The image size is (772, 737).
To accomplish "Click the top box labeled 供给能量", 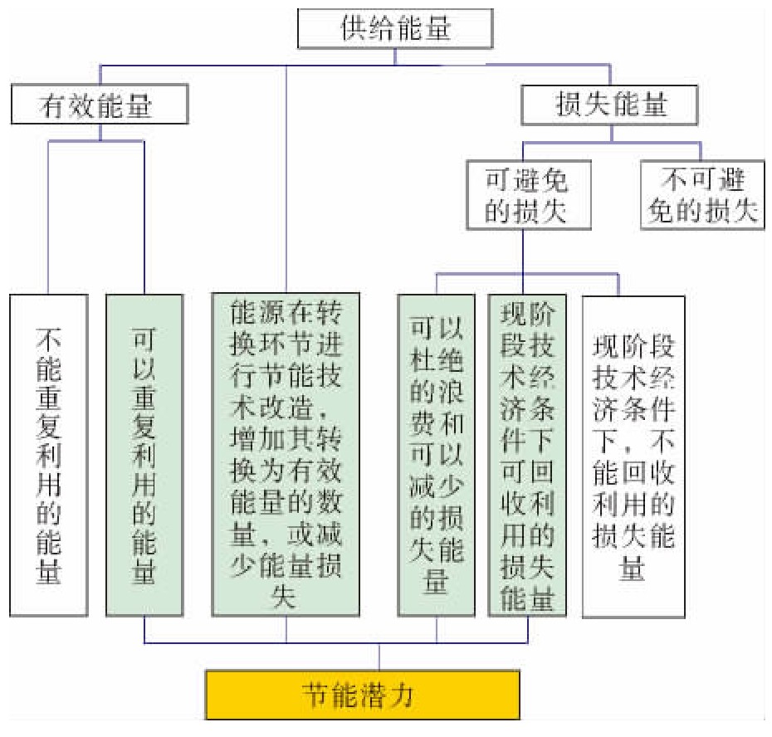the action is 395,28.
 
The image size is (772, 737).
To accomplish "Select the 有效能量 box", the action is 100,104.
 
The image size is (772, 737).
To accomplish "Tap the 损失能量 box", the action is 609,105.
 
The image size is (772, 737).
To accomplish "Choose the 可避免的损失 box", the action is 529,195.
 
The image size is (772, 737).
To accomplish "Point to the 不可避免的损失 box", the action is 702,195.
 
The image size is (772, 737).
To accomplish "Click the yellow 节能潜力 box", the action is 363,695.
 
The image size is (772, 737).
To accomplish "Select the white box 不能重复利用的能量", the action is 49,456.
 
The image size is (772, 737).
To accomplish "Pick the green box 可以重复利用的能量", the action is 144,456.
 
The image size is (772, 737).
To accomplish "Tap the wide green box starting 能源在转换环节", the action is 286,455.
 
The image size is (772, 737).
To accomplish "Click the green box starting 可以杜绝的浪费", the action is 436,456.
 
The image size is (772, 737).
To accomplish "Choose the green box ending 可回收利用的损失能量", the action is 527,456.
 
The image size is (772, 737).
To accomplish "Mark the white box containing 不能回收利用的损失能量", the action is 633,456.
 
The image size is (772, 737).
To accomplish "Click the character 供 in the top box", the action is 354,28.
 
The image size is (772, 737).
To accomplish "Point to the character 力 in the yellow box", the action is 401,696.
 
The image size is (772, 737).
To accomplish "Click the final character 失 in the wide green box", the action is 285,596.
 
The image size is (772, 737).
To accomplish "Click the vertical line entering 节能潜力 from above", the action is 379,656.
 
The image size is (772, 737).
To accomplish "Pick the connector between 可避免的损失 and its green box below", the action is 523,262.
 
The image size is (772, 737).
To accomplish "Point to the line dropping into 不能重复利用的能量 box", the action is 48,218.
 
